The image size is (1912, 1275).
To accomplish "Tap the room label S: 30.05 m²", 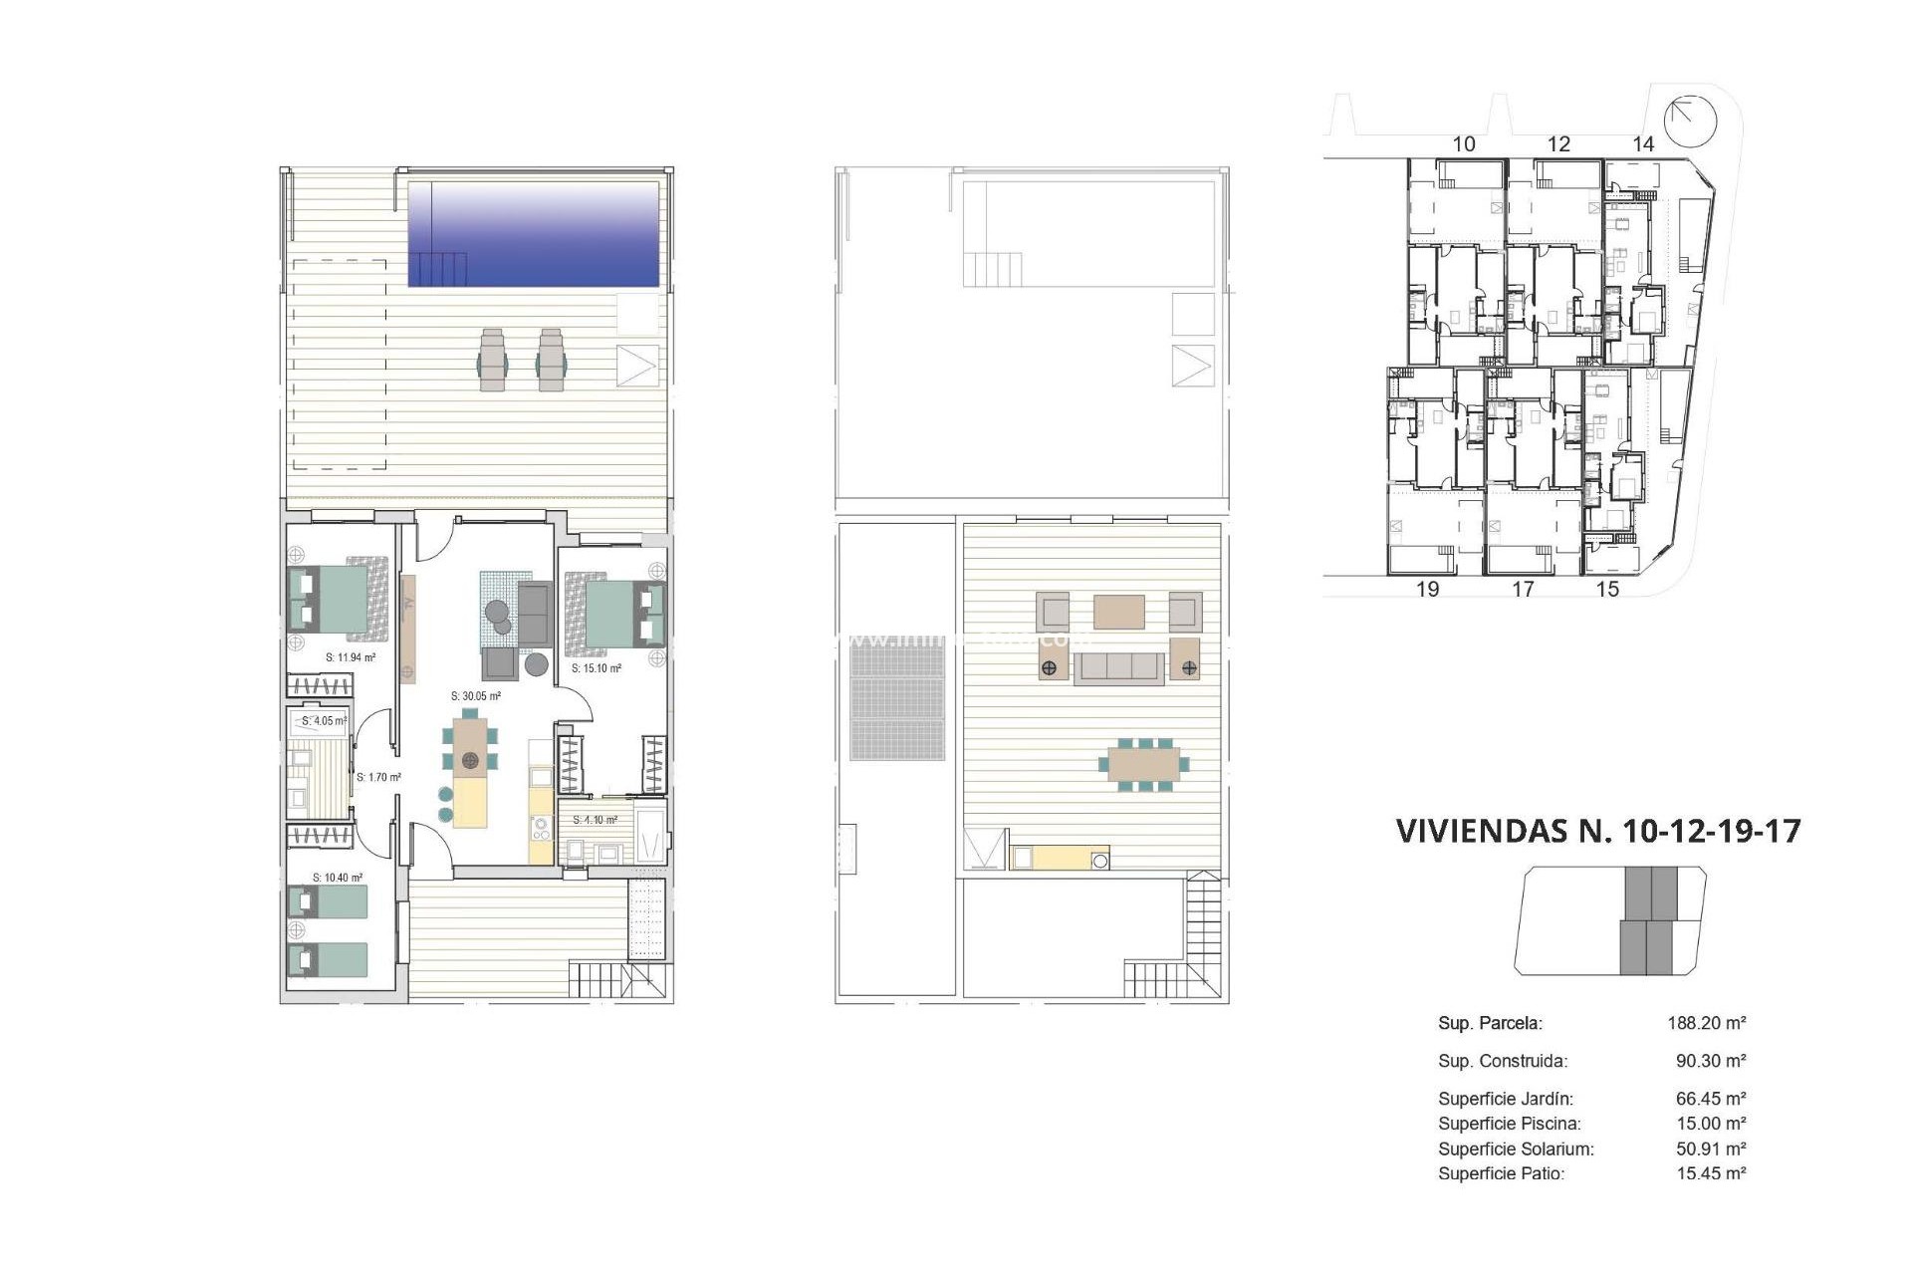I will (475, 696).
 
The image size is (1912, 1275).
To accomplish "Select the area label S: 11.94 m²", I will (351, 657).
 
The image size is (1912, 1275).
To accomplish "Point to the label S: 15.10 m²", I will (597, 668).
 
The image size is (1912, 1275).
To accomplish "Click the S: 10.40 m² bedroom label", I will (338, 878).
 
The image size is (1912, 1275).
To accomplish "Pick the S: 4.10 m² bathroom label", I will (595, 820).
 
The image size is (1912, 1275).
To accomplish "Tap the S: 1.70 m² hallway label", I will (378, 777).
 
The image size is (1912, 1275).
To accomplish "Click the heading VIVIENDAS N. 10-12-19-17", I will (1598, 831).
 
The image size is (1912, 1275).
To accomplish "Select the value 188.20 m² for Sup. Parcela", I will (1707, 1023).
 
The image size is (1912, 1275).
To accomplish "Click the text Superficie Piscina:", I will (1509, 1124).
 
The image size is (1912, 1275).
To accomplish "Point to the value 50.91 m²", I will (1711, 1148).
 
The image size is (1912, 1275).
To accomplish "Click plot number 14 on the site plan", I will (1643, 144).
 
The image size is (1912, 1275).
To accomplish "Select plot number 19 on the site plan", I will (1427, 589).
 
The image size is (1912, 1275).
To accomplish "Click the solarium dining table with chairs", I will (1144, 765).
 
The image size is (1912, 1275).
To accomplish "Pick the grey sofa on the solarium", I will (1118, 667).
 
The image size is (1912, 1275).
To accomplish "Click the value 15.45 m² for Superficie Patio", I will (1711, 1173).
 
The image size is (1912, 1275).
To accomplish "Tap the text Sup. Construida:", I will (1503, 1061).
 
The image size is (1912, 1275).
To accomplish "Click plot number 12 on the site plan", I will (1558, 144).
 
